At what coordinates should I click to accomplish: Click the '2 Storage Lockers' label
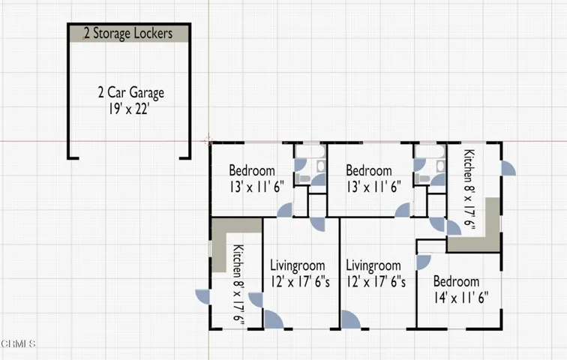(128, 33)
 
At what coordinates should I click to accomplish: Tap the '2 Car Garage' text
(131, 93)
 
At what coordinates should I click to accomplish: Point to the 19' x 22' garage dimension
(129, 109)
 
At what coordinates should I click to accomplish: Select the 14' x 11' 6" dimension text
(461, 298)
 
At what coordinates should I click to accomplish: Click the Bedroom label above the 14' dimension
(456, 281)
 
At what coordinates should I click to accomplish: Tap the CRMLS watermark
(18, 343)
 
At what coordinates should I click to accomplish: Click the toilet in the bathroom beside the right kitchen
(421, 179)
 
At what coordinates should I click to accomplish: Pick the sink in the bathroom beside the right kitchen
(440, 166)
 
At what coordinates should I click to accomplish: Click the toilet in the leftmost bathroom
(302, 178)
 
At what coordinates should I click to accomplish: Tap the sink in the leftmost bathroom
(321, 166)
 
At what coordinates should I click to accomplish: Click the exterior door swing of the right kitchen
(508, 169)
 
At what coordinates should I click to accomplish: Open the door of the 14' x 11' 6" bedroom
(423, 262)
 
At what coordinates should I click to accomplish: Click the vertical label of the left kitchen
(238, 282)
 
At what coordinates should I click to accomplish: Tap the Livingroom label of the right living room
(373, 265)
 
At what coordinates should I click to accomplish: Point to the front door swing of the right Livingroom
(350, 319)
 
